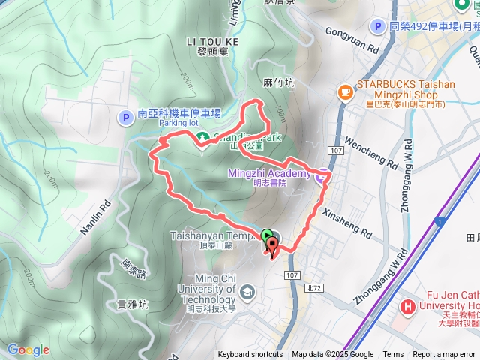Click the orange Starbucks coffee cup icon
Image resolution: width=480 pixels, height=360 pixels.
coord(346,91)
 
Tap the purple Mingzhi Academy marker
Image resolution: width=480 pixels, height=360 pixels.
coord(321,176)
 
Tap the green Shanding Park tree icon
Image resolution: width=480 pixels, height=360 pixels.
coord(202,137)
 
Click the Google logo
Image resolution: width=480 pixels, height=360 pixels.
coord(28,349)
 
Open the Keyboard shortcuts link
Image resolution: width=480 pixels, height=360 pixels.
coord(250,355)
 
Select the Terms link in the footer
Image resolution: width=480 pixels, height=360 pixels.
coord(392,355)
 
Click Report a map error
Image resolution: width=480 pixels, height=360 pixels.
coord(445,355)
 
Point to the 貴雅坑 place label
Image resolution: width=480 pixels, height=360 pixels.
coord(133,304)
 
